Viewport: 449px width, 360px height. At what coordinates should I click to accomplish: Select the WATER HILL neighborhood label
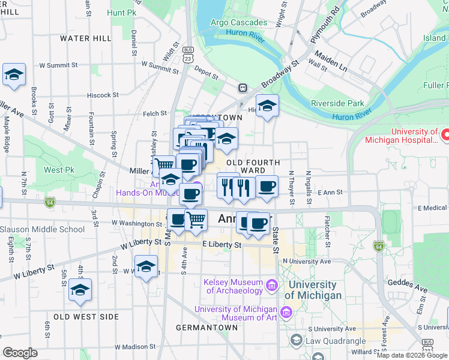coord(85,38)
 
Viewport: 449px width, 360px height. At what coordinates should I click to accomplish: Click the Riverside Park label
coord(337,103)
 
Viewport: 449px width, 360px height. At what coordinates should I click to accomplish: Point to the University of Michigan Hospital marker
coord(444,136)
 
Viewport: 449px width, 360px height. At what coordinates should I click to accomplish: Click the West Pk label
coord(59,170)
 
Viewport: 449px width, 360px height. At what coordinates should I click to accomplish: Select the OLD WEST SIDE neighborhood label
coord(86,316)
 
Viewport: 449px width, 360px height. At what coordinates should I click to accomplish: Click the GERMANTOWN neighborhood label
coord(206,328)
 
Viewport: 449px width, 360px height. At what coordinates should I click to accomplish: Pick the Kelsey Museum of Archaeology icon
coord(271,286)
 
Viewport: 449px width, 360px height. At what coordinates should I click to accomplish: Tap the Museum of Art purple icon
coord(286,313)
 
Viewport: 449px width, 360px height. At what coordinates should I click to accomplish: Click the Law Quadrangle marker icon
coord(296,340)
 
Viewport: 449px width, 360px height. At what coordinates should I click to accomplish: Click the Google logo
coord(20,353)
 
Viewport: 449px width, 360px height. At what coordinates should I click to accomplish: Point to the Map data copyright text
coord(411,355)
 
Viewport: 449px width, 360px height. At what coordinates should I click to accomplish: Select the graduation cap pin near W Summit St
coord(14,75)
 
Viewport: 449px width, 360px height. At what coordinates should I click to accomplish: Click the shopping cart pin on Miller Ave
coord(163,165)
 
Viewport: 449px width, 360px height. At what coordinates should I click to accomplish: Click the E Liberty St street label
coord(221,245)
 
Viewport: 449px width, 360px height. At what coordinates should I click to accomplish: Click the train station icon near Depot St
coord(243,88)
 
